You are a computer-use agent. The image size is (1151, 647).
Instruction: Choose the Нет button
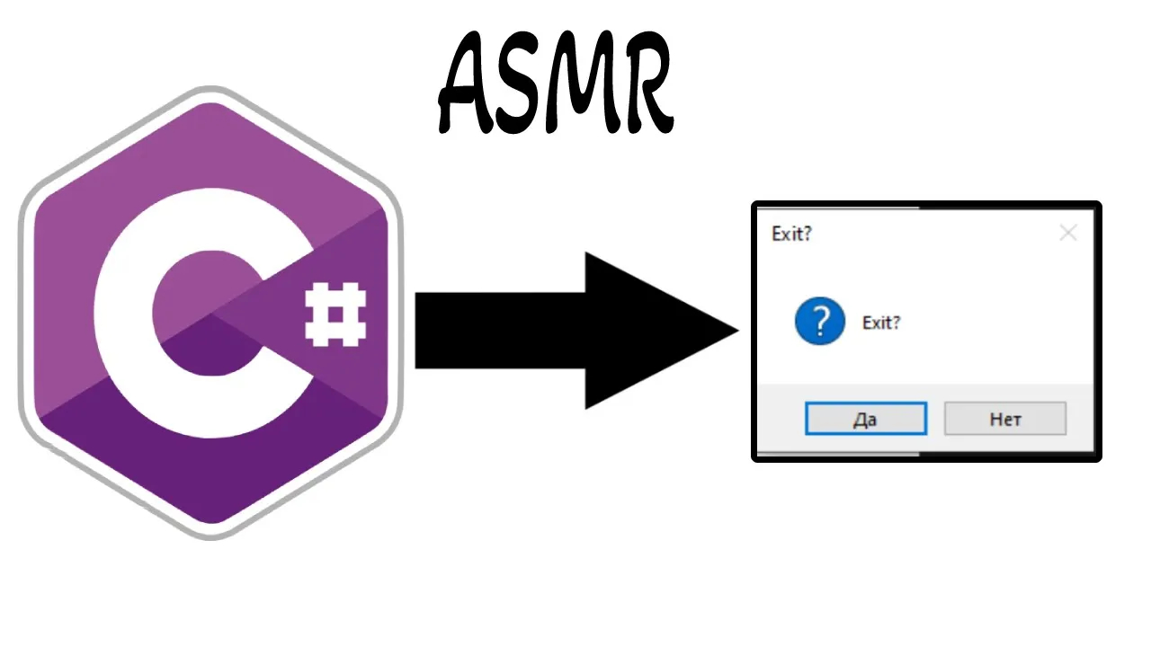point(1004,419)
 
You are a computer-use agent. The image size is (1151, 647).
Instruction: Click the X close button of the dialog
point(1067,234)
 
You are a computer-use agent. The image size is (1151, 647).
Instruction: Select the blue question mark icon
point(819,322)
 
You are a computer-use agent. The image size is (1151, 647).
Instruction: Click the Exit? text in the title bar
point(791,234)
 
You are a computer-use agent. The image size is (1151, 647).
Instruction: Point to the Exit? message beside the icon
point(881,323)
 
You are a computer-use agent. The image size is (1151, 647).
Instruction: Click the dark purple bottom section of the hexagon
point(210,467)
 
